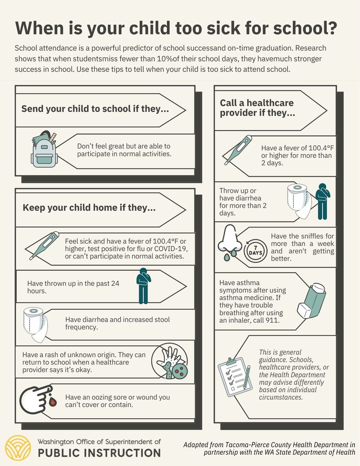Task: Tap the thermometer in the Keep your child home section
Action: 44,245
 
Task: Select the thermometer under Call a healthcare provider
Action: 238,150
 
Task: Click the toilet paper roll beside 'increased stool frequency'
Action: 35,324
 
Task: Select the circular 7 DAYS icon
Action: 255,251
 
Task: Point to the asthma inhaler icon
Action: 312,300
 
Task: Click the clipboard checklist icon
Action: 235,376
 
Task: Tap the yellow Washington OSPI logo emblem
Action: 18,448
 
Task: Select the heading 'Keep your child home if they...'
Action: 89,208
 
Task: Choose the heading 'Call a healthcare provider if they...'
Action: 258,108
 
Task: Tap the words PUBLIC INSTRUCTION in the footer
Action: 99,453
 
